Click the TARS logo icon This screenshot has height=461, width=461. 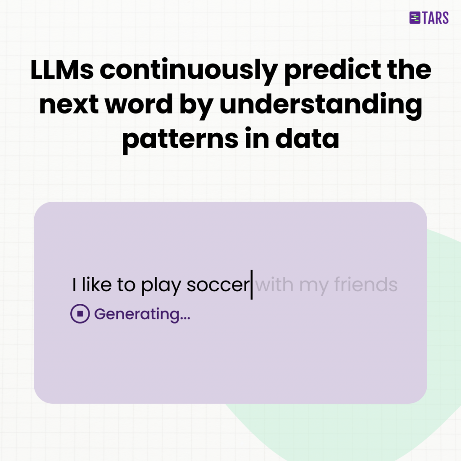tap(415, 18)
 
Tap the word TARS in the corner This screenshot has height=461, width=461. tap(435, 18)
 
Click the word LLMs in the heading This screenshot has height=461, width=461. tap(62, 70)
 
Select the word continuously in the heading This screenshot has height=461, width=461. tap(189, 71)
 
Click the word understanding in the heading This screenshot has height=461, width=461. tap(321, 106)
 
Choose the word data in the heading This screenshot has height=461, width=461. tap(307, 138)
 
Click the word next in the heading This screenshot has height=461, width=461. tap(69, 105)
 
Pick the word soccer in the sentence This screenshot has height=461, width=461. tap(218, 285)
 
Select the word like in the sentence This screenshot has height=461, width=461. tap(97, 284)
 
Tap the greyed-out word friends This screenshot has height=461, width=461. tap(366, 284)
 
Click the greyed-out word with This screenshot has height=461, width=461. tap(274, 284)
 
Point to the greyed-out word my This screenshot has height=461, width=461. tap(313, 287)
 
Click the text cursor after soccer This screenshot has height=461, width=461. tap(252, 285)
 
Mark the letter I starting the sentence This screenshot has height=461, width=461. tap(74, 285)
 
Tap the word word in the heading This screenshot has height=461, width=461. tap(139, 104)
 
